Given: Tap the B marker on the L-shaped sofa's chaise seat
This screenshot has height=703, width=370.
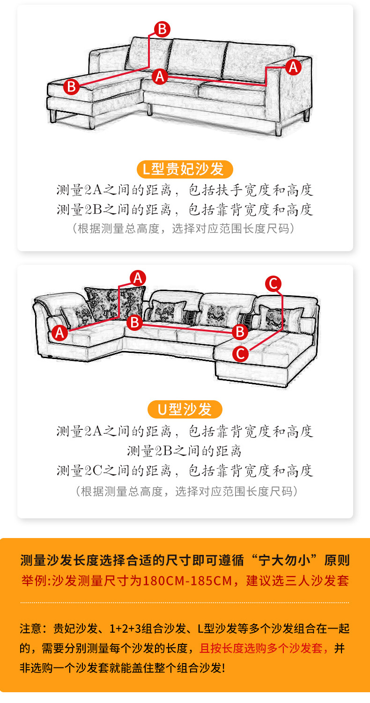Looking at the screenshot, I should click(x=71, y=87).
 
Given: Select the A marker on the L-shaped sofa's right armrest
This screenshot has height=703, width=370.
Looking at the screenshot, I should click(x=293, y=67).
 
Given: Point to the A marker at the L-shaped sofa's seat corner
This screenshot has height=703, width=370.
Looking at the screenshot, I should click(x=160, y=76).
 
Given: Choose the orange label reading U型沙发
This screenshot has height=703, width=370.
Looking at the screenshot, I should click(x=185, y=410).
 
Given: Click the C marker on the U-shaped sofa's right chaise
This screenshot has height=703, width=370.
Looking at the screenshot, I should click(x=241, y=353).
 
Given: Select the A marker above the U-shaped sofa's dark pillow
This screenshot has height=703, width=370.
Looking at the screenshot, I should click(x=137, y=277).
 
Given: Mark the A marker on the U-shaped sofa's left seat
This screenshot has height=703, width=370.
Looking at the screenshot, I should click(x=59, y=333).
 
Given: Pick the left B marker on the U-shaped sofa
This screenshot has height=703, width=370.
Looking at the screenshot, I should click(x=134, y=322).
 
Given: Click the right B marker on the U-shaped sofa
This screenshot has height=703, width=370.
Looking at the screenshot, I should click(x=240, y=332).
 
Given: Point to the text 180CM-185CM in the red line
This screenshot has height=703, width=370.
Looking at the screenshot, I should click(x=188, y=581).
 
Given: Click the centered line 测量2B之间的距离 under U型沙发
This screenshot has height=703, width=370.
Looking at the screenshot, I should click(x=185, y=451).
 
